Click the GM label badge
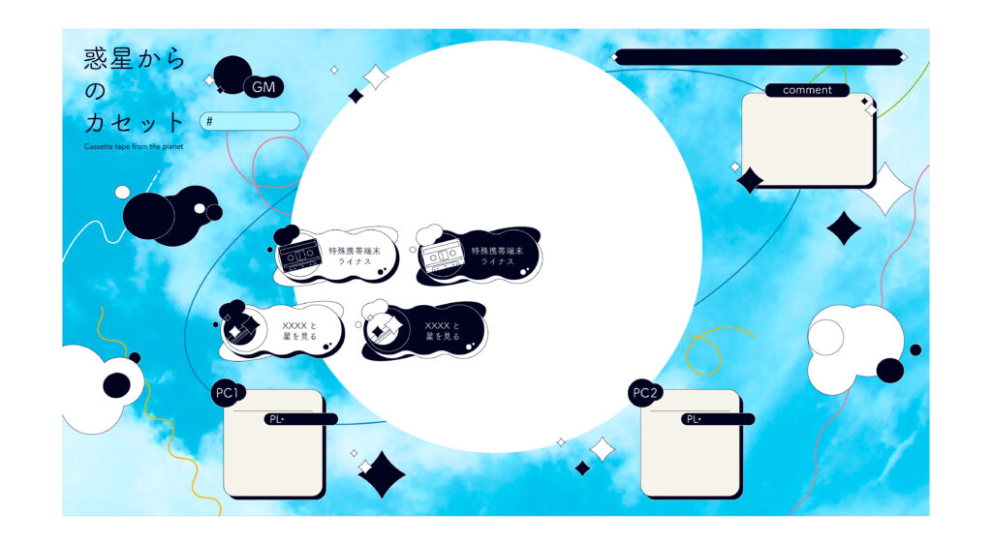263,87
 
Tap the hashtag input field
250,121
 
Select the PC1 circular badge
228,393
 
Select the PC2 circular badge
645,393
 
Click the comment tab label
807,90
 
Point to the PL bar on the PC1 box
300,419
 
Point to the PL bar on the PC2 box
718,419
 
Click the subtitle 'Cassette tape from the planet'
134,147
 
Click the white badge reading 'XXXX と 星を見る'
282,331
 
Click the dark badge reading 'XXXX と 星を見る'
424,331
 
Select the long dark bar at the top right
759,57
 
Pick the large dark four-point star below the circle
382,474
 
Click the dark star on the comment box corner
751,180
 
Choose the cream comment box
808,139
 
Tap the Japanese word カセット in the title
134,122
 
